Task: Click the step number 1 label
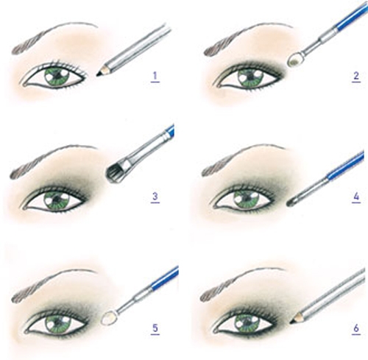point(155,77)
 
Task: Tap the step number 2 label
point(356,77)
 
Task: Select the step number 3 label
point(155,197)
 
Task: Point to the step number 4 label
point(356,197)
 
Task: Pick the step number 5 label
point(155,329)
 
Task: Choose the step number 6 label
point(356,329)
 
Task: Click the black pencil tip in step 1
point(99,72)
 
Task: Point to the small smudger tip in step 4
point(291,202)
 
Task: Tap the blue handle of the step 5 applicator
point(164,278)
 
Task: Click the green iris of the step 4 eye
point(247,199)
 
